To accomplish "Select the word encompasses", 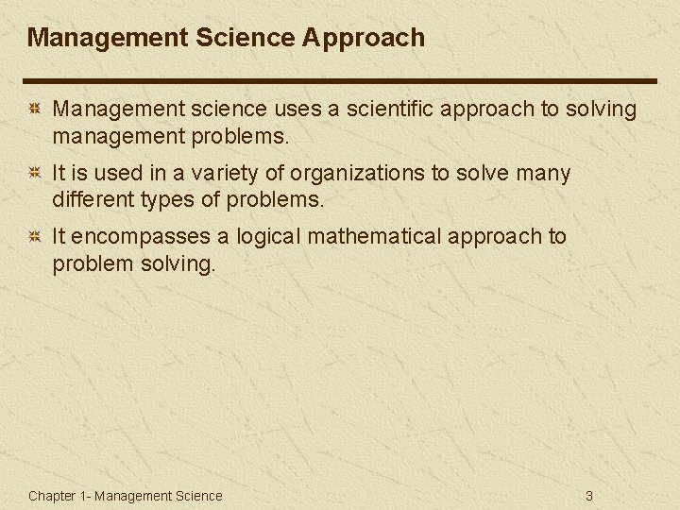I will (x=146, y=236).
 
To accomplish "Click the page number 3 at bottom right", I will (x=589, y=496).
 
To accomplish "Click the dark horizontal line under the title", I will (x=340, y=80).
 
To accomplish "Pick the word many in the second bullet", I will (x=547, y=174).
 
